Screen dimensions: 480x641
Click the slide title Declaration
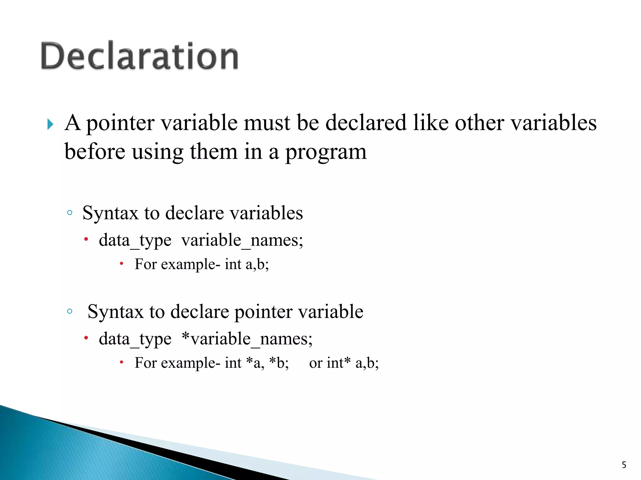140,56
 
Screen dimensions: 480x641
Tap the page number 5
624,465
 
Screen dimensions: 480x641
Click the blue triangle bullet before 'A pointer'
50,124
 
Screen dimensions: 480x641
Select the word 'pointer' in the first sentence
120,123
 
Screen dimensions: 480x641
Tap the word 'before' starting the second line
95,152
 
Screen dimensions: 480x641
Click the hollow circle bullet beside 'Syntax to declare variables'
70,213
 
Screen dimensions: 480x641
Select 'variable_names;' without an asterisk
242,241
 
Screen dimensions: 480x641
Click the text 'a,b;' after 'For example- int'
257,265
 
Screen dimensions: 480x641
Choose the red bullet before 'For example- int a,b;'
122,264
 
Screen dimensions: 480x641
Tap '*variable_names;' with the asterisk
247,339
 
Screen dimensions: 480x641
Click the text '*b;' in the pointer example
279,363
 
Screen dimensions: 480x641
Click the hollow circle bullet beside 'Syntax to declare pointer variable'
70,312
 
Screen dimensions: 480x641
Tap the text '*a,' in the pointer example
255,363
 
